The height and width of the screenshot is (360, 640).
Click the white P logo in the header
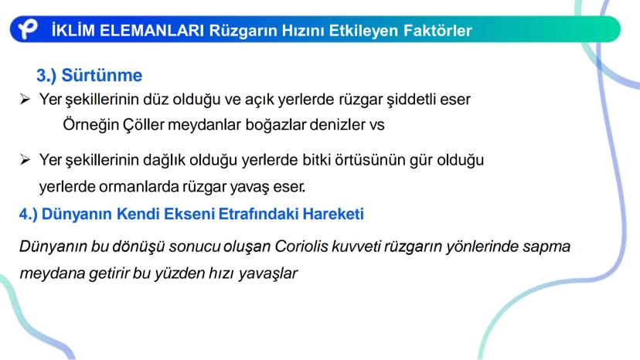point(29,29)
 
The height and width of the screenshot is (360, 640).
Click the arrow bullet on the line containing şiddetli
point(25,100)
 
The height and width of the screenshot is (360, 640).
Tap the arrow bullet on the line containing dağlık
point(25,160)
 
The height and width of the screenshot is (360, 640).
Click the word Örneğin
point(89,124)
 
